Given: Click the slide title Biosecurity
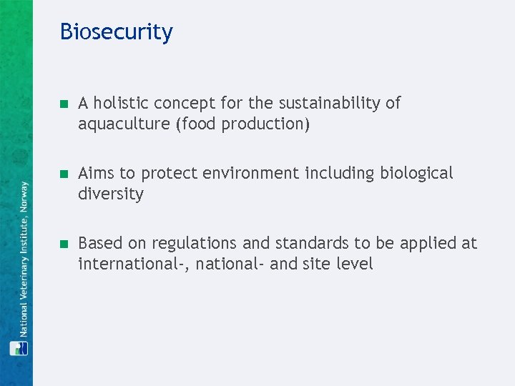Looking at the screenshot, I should (116, 32).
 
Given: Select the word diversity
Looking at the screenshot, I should (111, 194).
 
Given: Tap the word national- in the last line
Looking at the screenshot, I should (230, 264).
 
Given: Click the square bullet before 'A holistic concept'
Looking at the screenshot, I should (63, 104).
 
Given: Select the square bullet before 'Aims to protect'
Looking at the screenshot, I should (63, 174).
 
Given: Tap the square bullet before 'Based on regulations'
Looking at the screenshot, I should (63, 244).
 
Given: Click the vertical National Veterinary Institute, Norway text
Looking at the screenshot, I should (24, 259).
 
